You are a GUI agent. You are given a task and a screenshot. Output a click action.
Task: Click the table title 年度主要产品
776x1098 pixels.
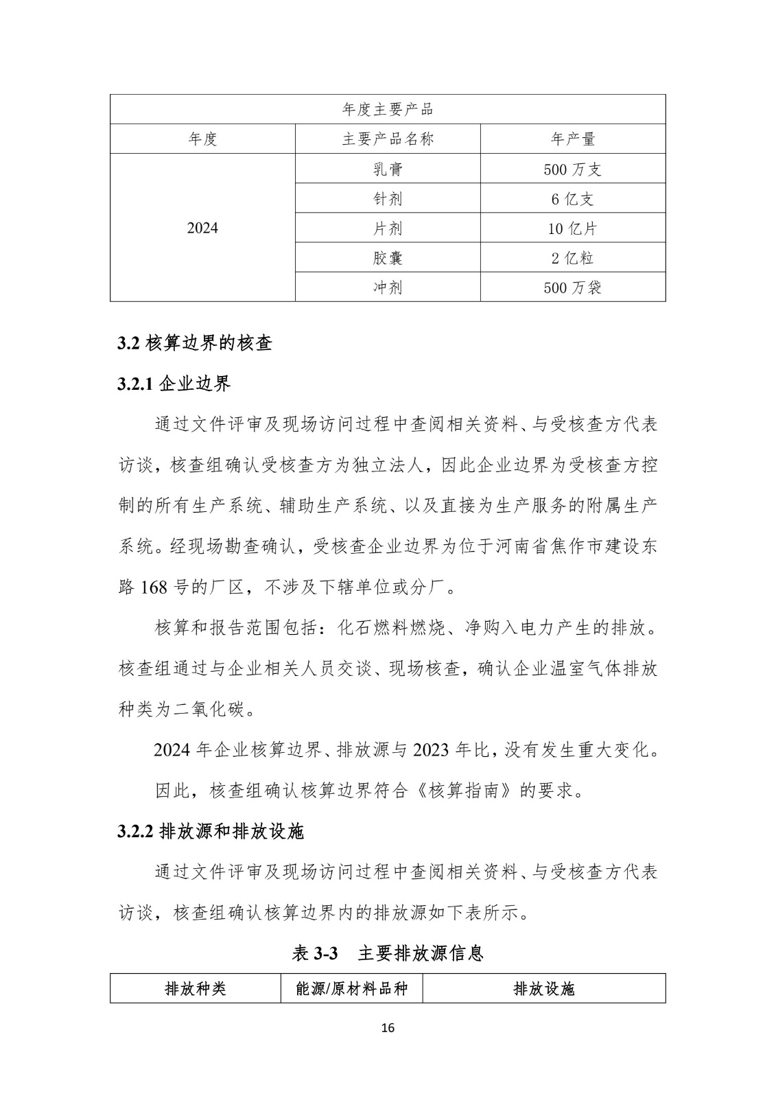click(x=388, y=110)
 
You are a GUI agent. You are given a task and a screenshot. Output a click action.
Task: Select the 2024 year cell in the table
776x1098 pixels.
click(x=202, y=228)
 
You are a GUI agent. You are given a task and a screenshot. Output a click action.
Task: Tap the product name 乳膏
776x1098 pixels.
click(x=388, y=169)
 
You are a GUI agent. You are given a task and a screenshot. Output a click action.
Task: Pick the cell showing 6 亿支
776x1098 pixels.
click(x=572, y=198)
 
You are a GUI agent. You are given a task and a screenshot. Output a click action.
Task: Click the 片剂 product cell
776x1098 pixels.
click(x=388, y=228)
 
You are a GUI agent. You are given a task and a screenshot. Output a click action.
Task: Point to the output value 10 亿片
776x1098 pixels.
click(x=572, y=228)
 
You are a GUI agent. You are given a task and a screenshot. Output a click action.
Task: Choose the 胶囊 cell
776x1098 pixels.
click(x=388, y=257)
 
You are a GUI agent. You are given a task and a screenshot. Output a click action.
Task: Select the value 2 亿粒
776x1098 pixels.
click(x=572, y=257)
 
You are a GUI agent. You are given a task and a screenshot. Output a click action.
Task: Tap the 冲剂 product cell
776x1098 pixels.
click(x=388, y=287)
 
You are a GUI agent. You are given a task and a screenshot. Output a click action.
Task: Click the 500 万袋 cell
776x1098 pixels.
click(x=572, y=287)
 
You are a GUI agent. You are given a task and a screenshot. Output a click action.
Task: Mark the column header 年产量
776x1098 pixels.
click(x=572, y=139)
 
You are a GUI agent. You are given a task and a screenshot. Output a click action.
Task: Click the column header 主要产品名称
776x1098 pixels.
click(x=388, y=139)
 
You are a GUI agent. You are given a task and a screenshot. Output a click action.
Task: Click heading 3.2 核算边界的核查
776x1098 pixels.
click(x=195, y=343)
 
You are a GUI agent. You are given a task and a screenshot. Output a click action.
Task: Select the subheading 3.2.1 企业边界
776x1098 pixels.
click(x=174, y=384)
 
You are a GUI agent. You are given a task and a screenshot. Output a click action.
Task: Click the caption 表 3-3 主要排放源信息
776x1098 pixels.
click(x=388, y=953)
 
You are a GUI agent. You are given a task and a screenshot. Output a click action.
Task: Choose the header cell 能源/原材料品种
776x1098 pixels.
click(x=351, y=988)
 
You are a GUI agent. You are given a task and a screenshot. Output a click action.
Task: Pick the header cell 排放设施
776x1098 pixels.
click(x=543, y=988)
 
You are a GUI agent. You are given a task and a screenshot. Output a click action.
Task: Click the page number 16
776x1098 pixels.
click(x=388, y=1028)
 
